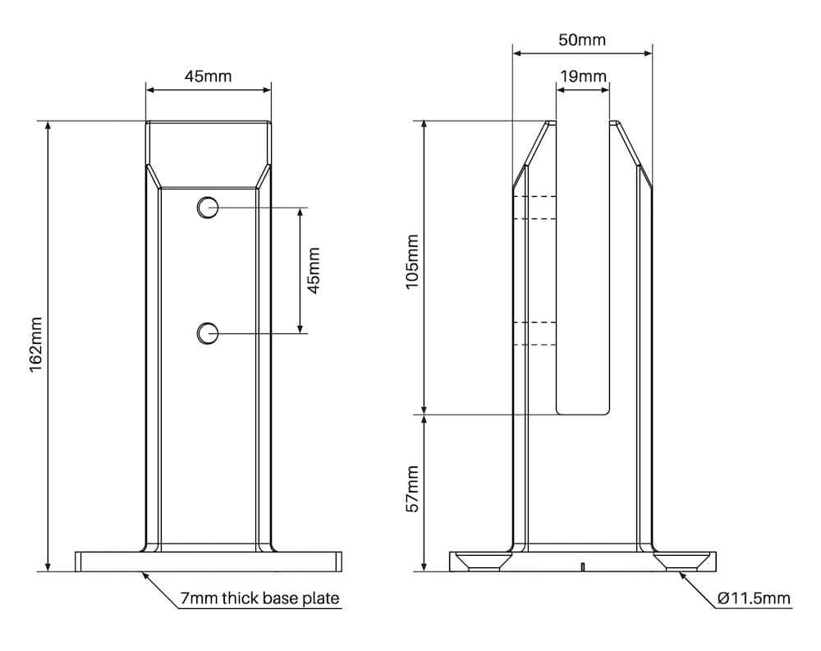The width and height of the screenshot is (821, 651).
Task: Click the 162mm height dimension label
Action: tap(35, 345)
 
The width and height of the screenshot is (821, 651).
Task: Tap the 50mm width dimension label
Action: tap(582, 39)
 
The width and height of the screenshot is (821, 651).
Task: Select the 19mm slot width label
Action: tap(583, 76)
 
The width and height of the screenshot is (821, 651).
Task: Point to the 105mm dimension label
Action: tap(413, 261)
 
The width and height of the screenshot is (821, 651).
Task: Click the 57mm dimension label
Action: tap(413, 488)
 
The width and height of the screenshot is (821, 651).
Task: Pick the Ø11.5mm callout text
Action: tap(753, 598)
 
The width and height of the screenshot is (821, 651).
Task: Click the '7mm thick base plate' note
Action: tap(259, 598)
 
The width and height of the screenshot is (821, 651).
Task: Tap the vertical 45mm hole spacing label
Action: tap(313, 270)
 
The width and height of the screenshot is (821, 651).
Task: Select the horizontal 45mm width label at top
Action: tap(208, 76)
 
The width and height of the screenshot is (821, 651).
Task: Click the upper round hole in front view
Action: tap(208, 208)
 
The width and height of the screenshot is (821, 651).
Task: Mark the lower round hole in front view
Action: tap(208, 333)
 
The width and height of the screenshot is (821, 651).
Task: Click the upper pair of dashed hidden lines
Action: tap(534, 208)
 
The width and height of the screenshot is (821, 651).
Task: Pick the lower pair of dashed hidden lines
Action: tap(534, 333)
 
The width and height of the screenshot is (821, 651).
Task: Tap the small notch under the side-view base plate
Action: tap(582, 566)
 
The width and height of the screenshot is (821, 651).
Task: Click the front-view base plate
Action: tap(209, 562)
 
